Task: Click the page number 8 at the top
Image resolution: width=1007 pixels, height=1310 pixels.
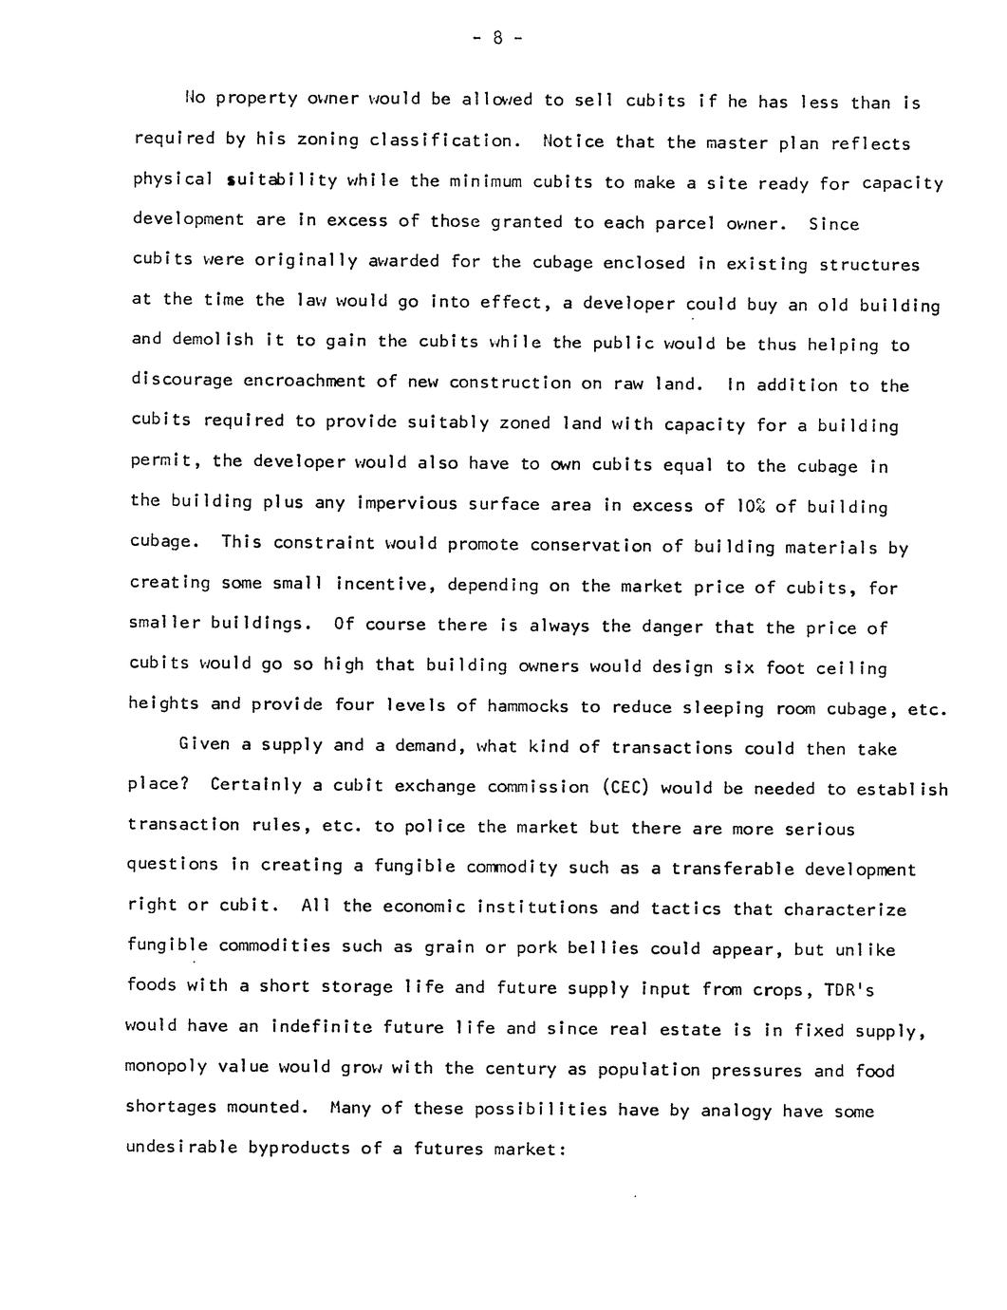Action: (x=496, y=39)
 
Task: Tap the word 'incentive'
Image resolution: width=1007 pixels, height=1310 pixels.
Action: (x=385, y=585)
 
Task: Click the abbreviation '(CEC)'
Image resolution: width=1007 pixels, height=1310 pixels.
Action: (x=625, y=787)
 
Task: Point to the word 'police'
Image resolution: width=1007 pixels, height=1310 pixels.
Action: (x=432, y=827)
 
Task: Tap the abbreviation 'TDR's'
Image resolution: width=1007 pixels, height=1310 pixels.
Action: (x=848, y=990)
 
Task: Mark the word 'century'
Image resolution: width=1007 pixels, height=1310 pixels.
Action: (x=521, y=1069)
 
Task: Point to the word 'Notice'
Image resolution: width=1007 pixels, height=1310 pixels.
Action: (x=574, y=141)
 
